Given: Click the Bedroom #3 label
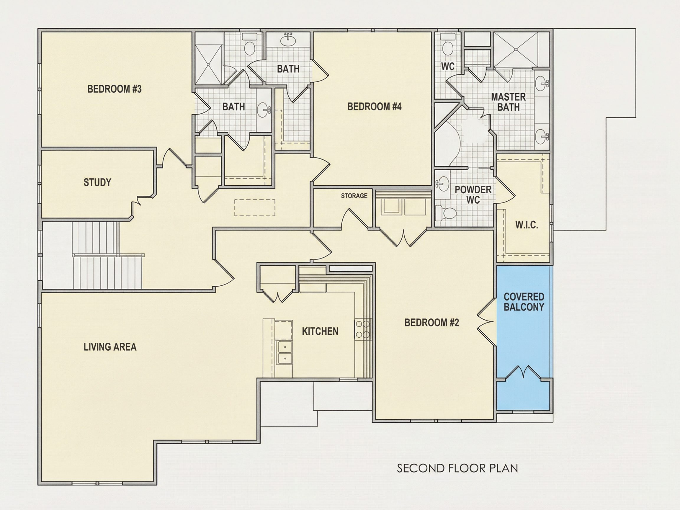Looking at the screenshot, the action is (x=114, y=89).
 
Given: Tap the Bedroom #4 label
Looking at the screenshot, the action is (x=374, y=107).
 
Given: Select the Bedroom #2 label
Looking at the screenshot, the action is (x=431, y=323).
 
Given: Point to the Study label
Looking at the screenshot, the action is (x=97, y=182).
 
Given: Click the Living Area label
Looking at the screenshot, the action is (x=110, y=347).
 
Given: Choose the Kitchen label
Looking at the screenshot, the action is (x=320, y=331).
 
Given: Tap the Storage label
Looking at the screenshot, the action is (x=354, y=196).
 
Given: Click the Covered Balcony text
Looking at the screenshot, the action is (x=524, y=302).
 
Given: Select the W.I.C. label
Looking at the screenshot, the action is (x=527, y=225).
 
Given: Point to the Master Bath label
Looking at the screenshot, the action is (x=508, y=102).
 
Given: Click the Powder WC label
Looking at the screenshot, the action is (x=473, y=194).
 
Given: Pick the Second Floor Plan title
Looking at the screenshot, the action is (x=457, y=468).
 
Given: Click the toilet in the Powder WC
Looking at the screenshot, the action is (x=446, y=213).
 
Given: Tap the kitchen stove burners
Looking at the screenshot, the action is (x=363, y=329).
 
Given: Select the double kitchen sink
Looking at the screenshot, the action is (x=285, y=352).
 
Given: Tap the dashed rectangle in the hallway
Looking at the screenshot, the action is (x=254, y=207).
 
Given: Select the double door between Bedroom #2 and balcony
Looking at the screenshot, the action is (x=487, y=322).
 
